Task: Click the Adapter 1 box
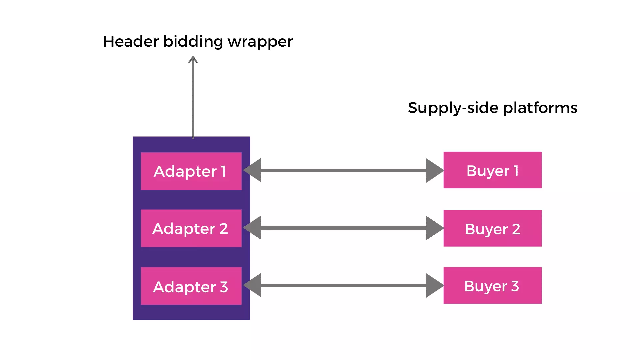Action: pos(191,171)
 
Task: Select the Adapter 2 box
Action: pos(191,228)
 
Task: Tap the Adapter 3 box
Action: pos(191,286)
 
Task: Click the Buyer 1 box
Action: pos(492,170)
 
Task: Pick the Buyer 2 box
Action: pos(492,228)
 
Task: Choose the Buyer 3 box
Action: pos(492,285)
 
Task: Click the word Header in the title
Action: pos(131,42)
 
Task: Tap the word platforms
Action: pos(540,108)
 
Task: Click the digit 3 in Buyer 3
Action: pos(515,286)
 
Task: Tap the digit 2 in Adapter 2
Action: pos(224,229)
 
